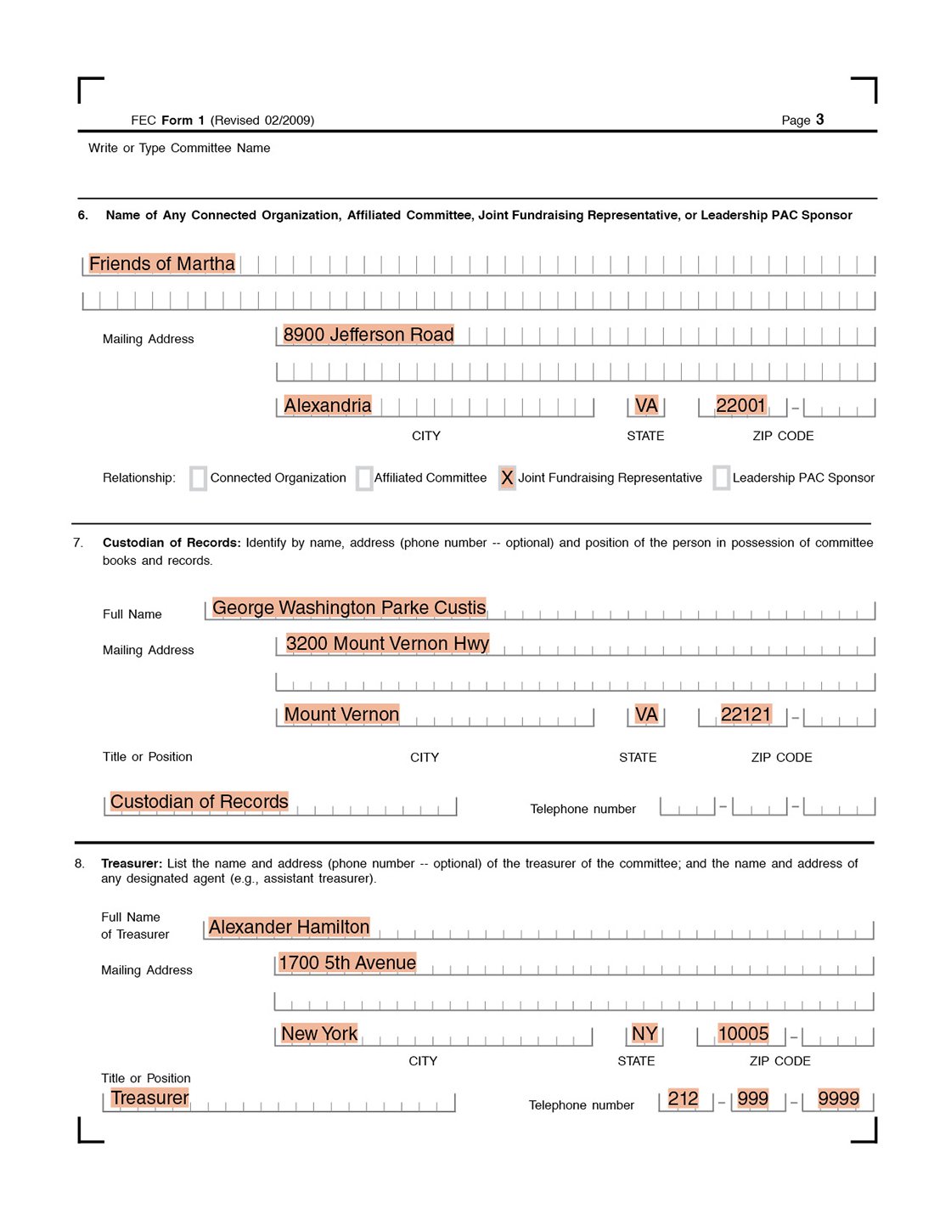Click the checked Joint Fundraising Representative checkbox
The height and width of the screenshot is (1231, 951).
pyautogui.click(x=507, y=478)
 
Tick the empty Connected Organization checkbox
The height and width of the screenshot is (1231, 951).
pyautogui.click(x=198, y=478)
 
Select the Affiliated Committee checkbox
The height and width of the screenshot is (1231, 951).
pyautogui.click(x=364, y=478)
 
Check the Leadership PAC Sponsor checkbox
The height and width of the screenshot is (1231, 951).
pyautogui.click(x=722, y=478)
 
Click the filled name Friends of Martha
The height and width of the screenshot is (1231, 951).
pyautogui.click(x=161, y=264)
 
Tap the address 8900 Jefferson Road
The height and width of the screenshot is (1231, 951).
pyautogui.click(x=368, y=335)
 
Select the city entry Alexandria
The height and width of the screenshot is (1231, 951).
pyautogui.click(x=327, y=406)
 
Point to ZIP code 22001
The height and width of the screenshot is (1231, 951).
pyautogui.click(x=740, y=406)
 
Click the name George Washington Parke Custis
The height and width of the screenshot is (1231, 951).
pyautogui.click(x=348, y=608)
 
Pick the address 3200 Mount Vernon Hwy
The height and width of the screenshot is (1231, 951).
pyautogui.click(x=387, y=644)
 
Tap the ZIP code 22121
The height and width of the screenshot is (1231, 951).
pyautogui.click(x=746, y=714)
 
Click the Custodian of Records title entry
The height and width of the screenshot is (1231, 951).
pyautogui.click(x=199, y=802)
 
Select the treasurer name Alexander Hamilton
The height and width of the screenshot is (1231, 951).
pyautogui.click(x=289, y=928)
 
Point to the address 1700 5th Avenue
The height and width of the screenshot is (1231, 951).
pyautogui.click(x=347, y=963)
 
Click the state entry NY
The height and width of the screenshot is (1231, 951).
pyautogui.click(x=644, y=1034)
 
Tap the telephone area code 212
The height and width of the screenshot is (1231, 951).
pyautogui.click(x=683, y=1099)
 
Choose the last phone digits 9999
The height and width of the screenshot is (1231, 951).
pyautogui.click(x=838, y=1099)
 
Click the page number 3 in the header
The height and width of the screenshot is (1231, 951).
pyautogui.click(x=820, y=120)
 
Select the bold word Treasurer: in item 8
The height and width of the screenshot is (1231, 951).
pyautogui.click(x=132, y=864)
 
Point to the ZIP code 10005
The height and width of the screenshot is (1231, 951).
pyautogui.click(x=743, y=1034)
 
